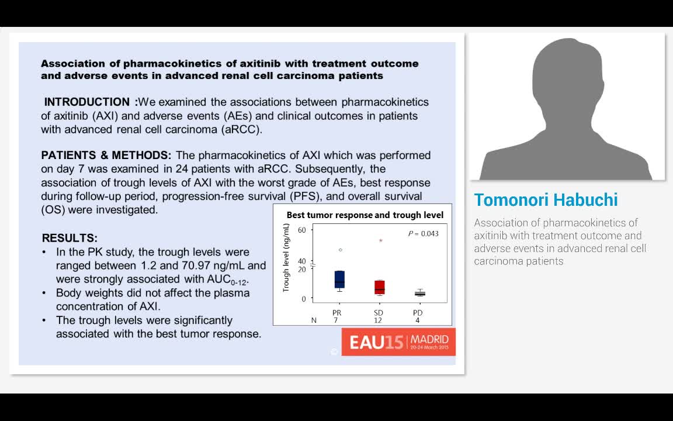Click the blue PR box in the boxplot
339,279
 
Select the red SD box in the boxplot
380,287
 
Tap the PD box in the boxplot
419,294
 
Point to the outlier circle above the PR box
341,250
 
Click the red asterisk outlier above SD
381,240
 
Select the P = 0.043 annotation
423,233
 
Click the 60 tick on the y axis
301,230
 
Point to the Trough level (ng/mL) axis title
286,257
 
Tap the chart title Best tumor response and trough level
365,215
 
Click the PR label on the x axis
336,313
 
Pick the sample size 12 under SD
378,320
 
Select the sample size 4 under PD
417,320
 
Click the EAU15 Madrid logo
398,341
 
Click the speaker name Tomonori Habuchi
546,200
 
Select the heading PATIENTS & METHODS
106,155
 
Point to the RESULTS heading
70,238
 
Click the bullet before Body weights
44,293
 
